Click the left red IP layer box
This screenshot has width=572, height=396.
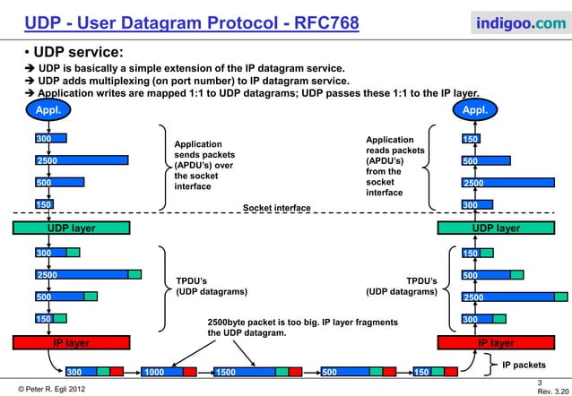(71, 343)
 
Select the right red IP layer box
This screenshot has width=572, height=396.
(495, 343)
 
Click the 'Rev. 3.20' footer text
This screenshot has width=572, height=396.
(551, 391)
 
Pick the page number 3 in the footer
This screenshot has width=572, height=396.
(554, 380)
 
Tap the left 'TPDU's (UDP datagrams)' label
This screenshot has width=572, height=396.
(205, 286)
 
